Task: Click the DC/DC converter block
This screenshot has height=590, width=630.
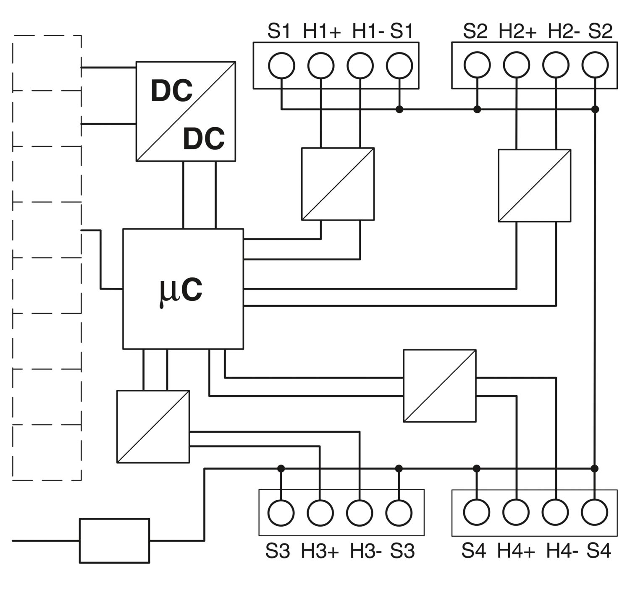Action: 186,111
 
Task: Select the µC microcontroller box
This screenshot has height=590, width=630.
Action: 183,289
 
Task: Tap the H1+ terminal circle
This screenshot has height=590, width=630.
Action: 321,65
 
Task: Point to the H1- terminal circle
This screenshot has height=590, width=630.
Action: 360,65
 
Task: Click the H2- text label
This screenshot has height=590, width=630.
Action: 564,31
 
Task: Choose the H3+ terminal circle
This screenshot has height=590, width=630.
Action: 320,512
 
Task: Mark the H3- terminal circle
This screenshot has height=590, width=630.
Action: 360,512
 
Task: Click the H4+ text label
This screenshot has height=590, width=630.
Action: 516,551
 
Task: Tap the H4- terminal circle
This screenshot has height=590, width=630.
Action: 556,512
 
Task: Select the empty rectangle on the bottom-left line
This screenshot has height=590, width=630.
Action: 114,540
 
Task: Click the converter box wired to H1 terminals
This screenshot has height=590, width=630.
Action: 338,184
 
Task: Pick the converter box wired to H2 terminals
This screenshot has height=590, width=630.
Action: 534,185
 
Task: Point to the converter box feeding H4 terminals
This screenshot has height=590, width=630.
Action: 440,386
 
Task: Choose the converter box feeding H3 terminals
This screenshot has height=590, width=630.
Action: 153,426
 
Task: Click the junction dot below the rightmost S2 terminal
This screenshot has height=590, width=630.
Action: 595,109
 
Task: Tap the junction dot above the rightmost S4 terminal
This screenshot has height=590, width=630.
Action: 595,468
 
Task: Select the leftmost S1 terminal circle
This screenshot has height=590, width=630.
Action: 281,65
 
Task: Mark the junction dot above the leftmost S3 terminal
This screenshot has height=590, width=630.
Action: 281,468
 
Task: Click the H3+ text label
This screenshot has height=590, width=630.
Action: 320,551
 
